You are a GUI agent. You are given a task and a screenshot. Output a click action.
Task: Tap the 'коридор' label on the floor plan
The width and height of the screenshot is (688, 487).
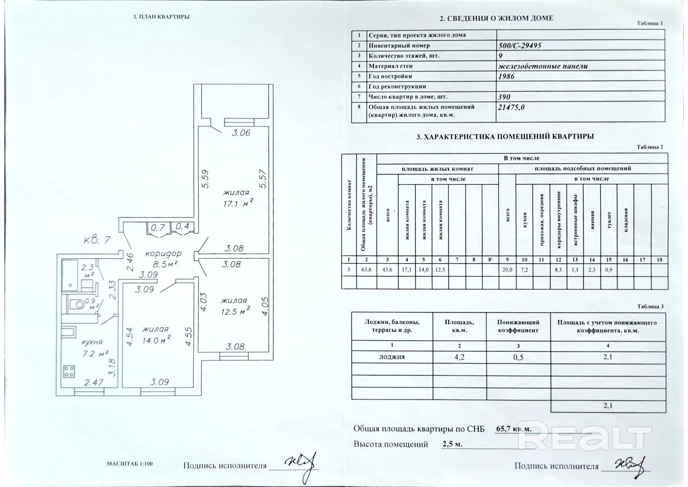coord(163,254)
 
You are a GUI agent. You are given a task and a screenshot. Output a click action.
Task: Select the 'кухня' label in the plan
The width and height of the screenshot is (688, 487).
coord(92,342)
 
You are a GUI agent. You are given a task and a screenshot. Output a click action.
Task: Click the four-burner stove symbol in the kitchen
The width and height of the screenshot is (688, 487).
coord(69,371)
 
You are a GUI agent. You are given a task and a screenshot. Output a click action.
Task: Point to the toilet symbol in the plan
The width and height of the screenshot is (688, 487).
coord(78,303)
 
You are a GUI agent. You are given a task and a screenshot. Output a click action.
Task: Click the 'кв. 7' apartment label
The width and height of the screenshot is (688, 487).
coord(97,239)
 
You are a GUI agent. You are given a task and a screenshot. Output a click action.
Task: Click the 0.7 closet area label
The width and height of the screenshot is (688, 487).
coord(158,227)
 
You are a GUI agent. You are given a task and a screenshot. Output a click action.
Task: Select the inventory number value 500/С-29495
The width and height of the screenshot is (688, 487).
coord(519,46)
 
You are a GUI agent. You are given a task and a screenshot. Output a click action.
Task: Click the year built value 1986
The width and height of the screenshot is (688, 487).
coord(506,76)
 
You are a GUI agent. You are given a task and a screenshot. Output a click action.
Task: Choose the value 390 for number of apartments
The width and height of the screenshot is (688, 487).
coord(504,97)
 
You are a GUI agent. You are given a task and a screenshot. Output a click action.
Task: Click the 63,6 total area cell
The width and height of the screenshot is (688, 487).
coord(366,270)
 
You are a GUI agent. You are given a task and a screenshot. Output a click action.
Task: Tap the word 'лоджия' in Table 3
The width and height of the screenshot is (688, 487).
coord(392,357)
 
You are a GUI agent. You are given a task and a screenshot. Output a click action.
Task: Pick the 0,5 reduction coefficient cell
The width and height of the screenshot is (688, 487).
coord(518,357)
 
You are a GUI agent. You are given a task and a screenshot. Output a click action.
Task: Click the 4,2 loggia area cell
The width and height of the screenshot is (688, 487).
coord(459,357)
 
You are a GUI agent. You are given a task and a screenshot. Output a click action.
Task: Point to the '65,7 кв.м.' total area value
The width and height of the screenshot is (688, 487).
coord(514,429)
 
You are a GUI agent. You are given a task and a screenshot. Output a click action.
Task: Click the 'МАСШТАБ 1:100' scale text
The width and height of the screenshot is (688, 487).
coord(129,463)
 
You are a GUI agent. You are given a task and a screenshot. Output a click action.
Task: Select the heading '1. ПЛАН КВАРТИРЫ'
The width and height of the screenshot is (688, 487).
coord(162,17)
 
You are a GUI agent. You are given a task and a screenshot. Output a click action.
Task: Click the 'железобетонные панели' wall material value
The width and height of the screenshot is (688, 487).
coord(543,66)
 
